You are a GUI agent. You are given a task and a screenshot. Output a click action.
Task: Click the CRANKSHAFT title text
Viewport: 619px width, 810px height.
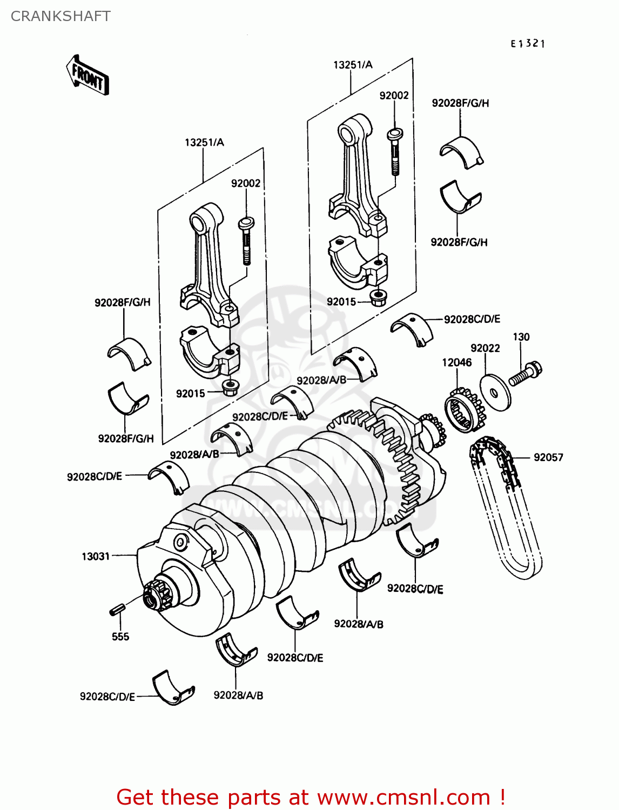[x=60, y=16]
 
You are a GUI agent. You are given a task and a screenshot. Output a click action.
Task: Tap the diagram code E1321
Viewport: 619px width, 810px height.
[x=528, y=44]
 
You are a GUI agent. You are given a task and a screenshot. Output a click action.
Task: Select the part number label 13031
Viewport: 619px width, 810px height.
[x=96, y=556]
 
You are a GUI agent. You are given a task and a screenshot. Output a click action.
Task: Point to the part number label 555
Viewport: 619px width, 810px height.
[x=120, y=637]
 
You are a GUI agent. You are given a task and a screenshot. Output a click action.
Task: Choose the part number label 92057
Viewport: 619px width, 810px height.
[x=548, y=457]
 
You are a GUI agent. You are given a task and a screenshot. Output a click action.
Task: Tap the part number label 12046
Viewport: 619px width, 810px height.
[x=457, y=362]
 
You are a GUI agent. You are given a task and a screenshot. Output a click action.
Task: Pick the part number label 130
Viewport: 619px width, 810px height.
[x=521, y=337]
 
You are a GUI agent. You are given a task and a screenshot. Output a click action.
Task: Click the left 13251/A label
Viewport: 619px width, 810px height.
[x=204, y=143]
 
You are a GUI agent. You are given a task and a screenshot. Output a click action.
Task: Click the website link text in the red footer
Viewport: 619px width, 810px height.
[x=403, y=797]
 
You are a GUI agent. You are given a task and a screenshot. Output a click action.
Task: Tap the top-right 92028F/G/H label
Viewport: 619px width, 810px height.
[x=460, y=103]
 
